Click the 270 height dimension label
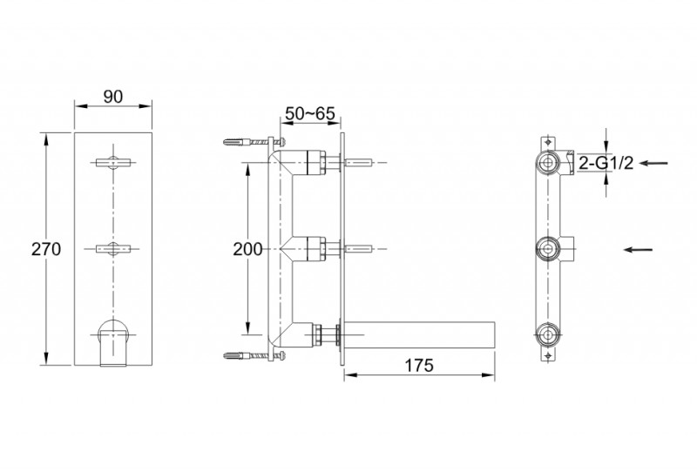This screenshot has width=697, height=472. coord(45,249)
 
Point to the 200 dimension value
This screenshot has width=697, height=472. coord(247,249)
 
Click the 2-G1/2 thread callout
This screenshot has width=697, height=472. coord(611,163)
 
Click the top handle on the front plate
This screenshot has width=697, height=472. coord(113,161)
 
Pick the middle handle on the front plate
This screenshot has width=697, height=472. coord(113,249)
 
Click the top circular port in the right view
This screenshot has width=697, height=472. coord(548,162)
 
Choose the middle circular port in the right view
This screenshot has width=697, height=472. coord(548,249)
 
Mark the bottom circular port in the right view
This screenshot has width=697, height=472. coord(548,334)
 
